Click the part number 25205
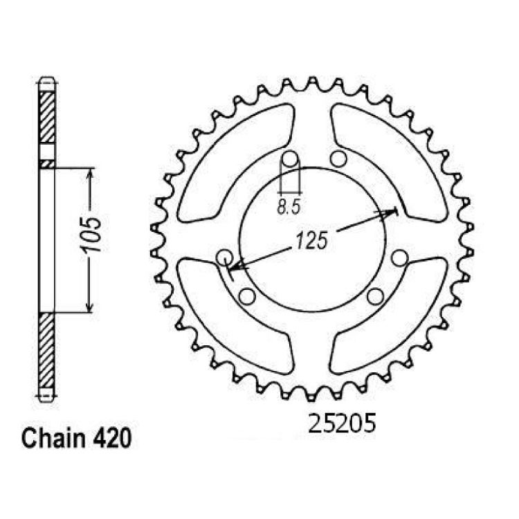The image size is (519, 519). tap(342, 423)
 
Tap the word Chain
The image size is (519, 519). tap(53, 438)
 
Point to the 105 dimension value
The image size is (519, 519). tap(92, 235)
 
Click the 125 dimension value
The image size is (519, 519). tap(311, 240)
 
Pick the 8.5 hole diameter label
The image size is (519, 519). tap(289, 207)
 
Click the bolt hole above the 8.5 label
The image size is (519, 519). tap(290, 160)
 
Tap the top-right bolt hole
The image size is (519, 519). tap(339, 159)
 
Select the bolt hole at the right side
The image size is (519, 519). tap(400, 258)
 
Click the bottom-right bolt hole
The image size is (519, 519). tap(375, 297)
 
